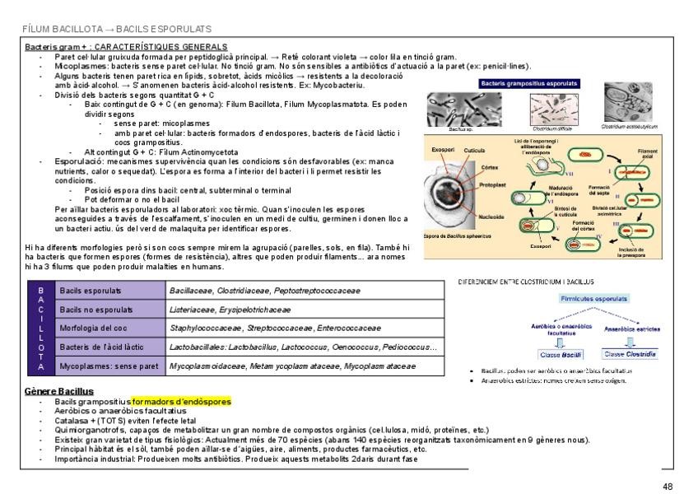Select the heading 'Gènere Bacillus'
point(60,391)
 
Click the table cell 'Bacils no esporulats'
point(91,309)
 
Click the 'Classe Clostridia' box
point(631,355)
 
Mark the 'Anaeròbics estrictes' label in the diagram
point(632,329)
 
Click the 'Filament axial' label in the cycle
point(647,152)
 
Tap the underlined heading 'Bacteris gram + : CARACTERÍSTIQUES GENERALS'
point(126,47)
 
